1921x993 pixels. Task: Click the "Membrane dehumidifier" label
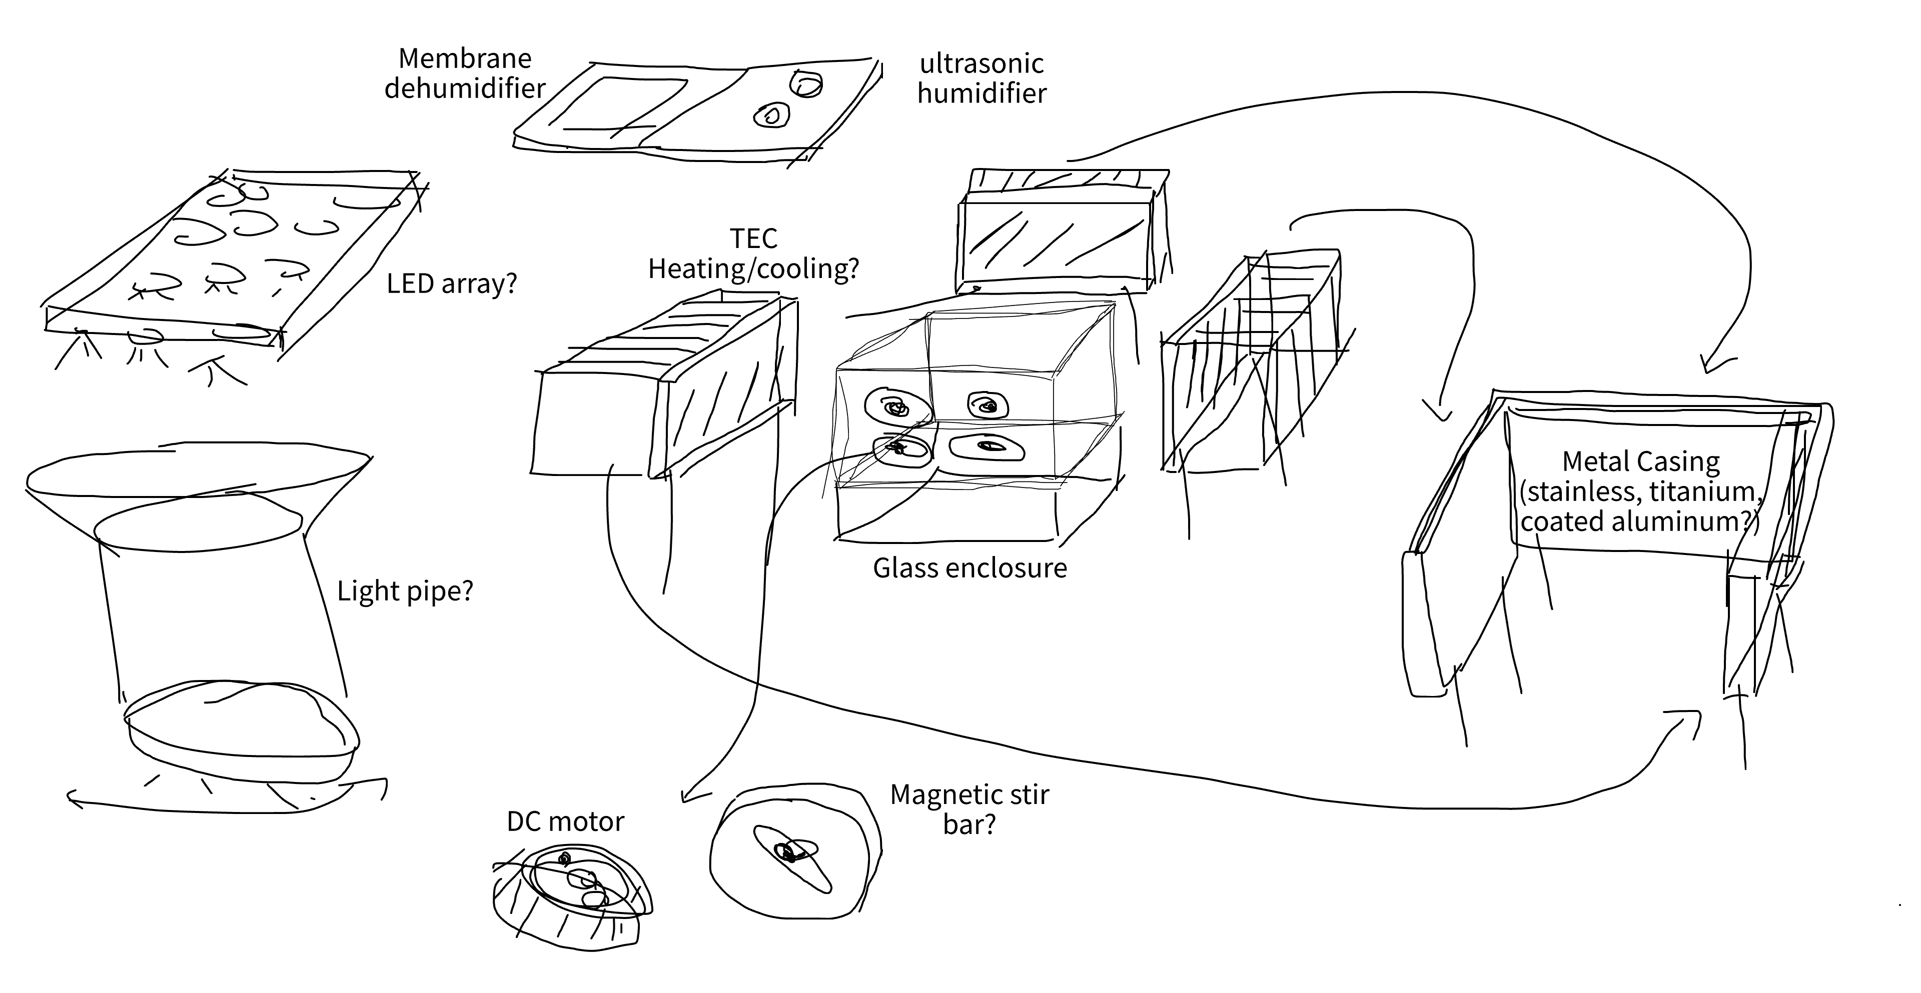click(x=465, y=73)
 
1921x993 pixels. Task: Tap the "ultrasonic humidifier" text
click(x=982, y=78)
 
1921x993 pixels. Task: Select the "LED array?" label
click(x=452, y=284)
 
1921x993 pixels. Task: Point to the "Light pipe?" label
click(x=405, y=591)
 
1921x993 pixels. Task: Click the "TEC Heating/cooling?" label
click(x=753, y=253)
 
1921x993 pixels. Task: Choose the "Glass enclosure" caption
click(x=970, y=568)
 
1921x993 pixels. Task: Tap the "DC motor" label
click(x=565, y=821)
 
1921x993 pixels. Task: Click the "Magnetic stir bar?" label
click(x=970, y=809)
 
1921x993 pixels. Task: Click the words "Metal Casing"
click(x=1641, y=461)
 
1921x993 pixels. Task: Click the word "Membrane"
click(x=465, y=58)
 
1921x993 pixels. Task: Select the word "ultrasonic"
click(x=982, y=64)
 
